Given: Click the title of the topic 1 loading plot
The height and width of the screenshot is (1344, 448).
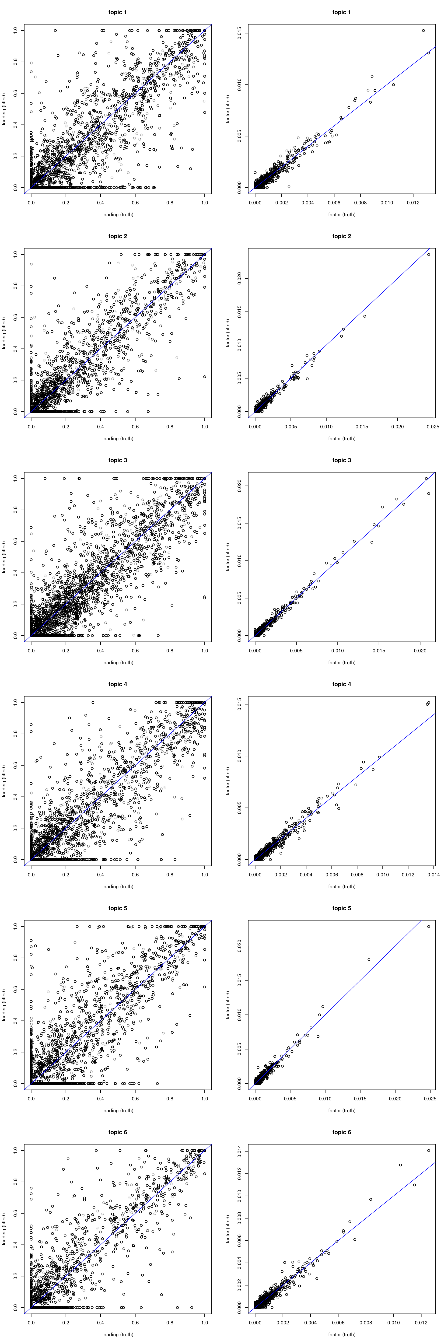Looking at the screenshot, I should click(117, 12).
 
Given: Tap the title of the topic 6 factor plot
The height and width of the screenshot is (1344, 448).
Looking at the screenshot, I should click(342, 1132).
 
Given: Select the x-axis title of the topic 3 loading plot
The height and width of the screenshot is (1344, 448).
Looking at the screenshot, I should click(117, 663).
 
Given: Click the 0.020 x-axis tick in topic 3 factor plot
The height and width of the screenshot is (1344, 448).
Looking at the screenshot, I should click(420, 651).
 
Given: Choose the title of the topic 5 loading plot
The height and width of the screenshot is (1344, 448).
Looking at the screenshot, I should click(117, 908).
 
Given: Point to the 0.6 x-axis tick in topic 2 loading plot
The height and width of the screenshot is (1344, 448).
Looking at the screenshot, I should click(135, 426).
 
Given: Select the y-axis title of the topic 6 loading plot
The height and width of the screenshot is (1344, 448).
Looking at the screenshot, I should click(4, 1229).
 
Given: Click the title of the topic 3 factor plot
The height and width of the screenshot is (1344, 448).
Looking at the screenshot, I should click(342, 460).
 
